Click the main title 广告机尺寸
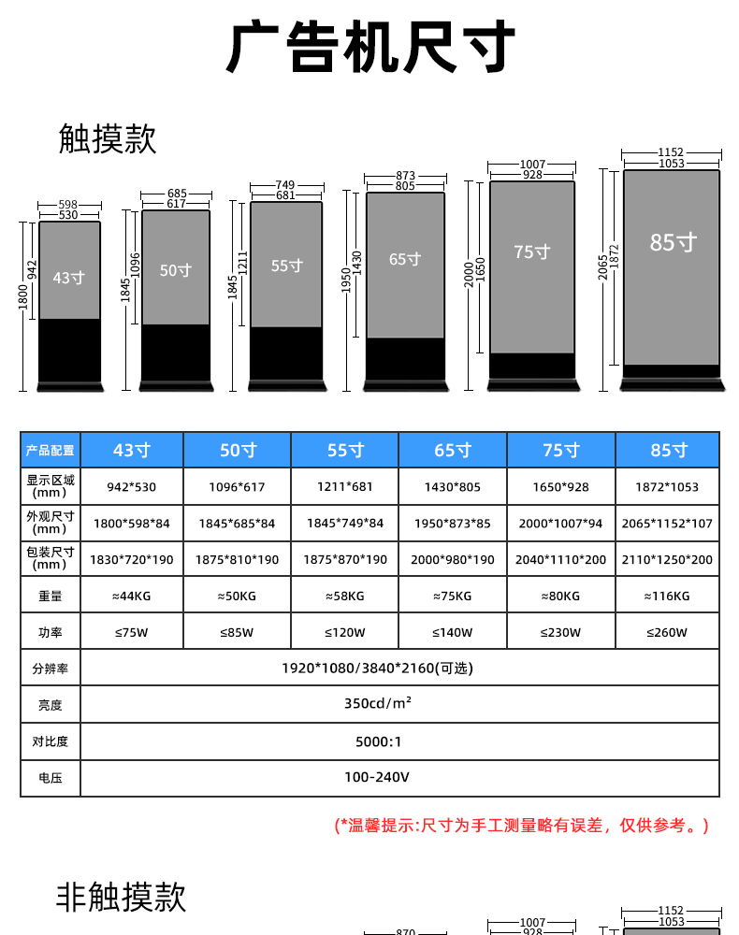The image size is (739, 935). pos(370,49)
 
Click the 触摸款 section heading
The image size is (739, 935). pos(108,138)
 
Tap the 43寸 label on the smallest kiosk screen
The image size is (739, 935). pos(68,278)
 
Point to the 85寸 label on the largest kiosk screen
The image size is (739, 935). pos(674,242)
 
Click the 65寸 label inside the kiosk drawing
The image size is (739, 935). pos(405,259)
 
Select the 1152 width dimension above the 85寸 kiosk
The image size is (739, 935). pos(671,151)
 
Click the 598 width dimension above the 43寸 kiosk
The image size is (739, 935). pos(68,204)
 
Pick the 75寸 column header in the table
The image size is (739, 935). pos(560,451)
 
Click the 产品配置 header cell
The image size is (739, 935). pos(51,451)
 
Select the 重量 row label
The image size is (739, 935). pos(51,596)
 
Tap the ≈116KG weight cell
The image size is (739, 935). pos(667,596)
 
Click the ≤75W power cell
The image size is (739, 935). pos(131,632)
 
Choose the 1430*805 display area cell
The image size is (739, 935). pos(452,487)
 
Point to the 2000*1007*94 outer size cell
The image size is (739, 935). pos(560,523)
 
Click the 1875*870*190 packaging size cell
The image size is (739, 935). pos(344,559)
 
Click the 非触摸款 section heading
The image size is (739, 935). pos(122,898)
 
